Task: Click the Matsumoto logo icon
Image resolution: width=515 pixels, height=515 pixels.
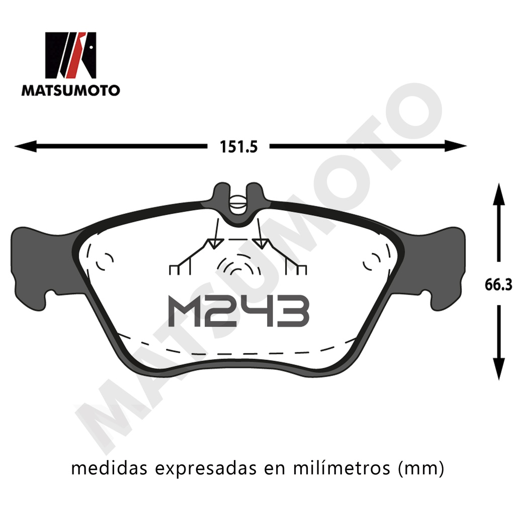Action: pyautogui.click(x=70, y=55)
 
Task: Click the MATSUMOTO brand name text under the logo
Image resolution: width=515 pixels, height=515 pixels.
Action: pyautogui.click(x=70, y=91)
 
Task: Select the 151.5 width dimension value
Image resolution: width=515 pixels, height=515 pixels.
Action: pyautogui.click(x=238, y=146)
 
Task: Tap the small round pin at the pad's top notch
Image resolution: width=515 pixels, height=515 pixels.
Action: pyautogui.click(x=238, y=203)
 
